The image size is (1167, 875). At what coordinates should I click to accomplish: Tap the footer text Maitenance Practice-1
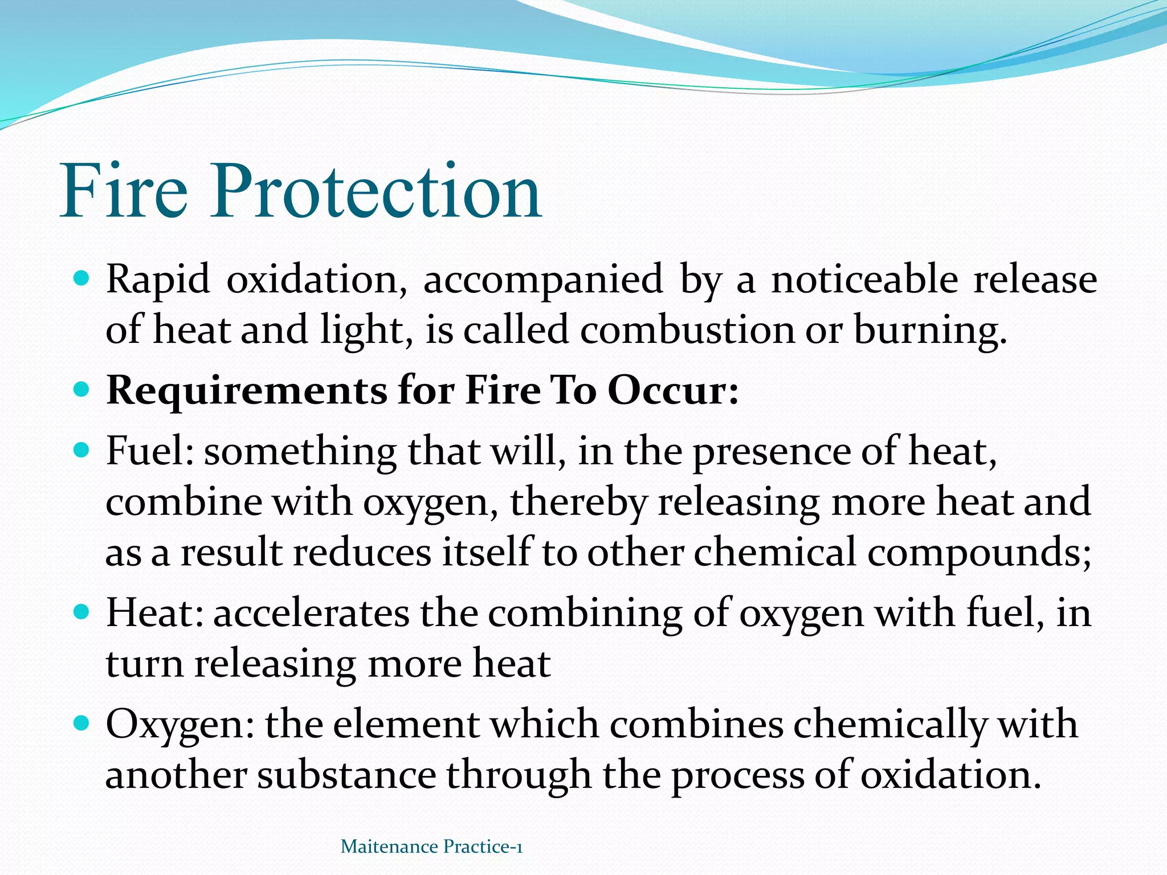[x=431, y=847]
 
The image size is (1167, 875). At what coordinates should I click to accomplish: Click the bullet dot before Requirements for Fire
[x=82, y=391]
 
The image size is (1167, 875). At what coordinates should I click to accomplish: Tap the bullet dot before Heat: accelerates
[x=82, y=613]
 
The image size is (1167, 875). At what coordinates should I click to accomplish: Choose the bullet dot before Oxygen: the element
[x=82, y=724]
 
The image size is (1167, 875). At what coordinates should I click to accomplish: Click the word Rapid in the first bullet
[x=158, y=279]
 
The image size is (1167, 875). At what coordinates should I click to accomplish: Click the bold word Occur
[x=672, y=391]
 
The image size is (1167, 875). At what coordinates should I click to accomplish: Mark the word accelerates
[x=311, y=613]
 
